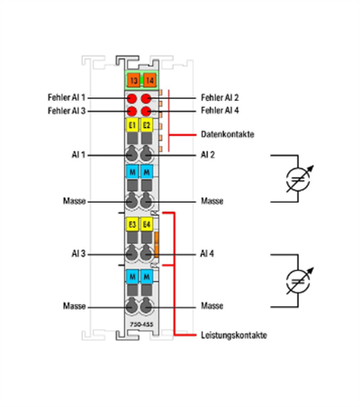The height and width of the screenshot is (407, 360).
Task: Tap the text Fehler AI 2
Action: (220, 96)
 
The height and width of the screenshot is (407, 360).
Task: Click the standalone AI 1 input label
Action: (75, 155)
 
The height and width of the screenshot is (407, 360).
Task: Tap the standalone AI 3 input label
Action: (75, 255)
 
